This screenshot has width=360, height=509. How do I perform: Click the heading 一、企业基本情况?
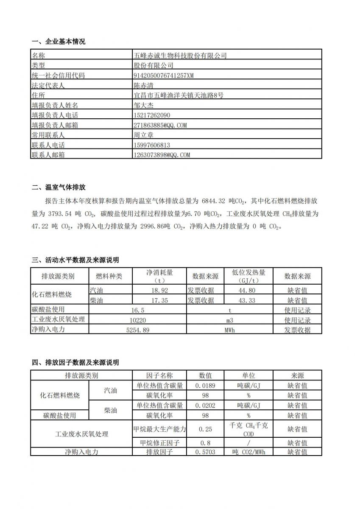click(x=59, y=42)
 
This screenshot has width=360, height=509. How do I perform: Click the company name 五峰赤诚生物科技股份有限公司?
click(x=180, y=56)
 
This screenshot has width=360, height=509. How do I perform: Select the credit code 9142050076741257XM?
click(x=164, y=76)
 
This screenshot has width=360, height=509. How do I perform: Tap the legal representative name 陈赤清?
click(x=143, y=85)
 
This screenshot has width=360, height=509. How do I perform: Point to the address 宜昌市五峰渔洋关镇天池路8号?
click(x=178, y=95)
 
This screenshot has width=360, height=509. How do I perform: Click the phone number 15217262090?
click(x=151, y=115)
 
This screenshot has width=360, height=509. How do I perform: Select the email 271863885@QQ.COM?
click(x=160, y=125)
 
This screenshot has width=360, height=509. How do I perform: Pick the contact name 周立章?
click(x=143, y=135)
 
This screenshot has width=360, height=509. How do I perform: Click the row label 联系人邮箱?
click(x=48, y=155)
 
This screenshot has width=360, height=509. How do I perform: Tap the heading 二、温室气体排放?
click(x=59, y=187)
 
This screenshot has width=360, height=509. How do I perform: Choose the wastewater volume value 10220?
click(x=140, y=320)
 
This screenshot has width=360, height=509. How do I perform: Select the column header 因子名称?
click(x=159, y=375)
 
